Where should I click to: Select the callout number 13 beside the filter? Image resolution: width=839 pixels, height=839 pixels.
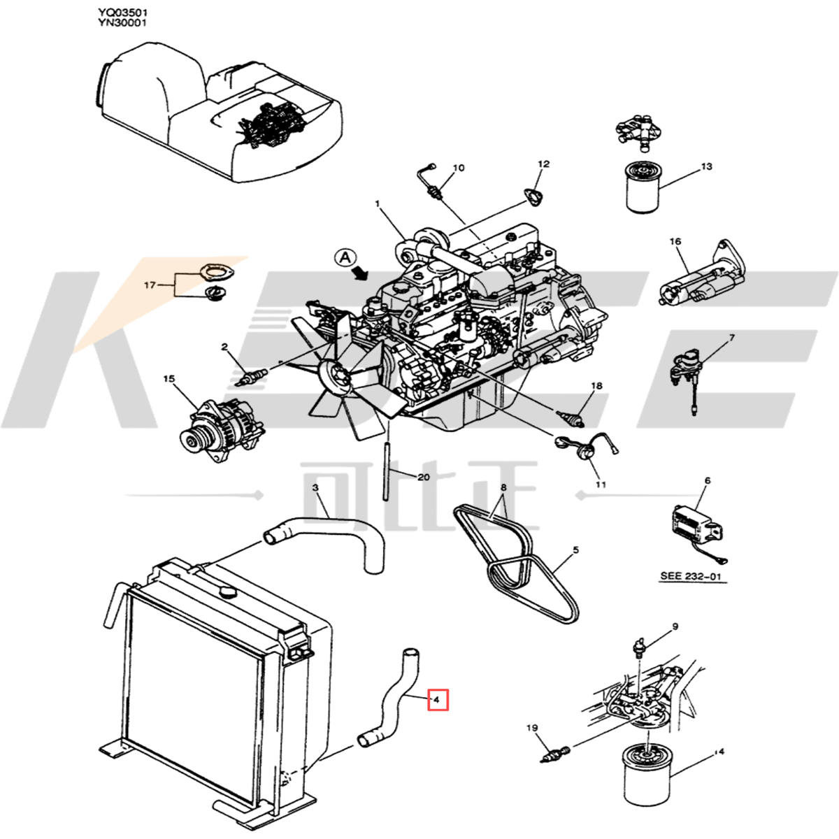click(706, 166)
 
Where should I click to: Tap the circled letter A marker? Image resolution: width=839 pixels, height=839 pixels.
click(345, 257)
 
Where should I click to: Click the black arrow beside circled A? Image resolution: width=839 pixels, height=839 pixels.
click(361, 273)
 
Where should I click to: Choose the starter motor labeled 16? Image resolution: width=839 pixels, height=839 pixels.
click(699, 280)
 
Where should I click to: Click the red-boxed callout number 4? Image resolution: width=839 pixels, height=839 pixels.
click(437, 699)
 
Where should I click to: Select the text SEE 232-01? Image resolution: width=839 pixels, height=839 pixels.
click(691, 577)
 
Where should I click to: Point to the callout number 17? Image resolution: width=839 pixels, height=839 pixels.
click(150, 285)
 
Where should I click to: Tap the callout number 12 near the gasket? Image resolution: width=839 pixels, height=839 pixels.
click(543, 164)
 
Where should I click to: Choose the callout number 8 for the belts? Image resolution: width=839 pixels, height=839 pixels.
click(503, 487)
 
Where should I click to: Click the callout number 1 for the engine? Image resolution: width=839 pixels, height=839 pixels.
click(377, 204)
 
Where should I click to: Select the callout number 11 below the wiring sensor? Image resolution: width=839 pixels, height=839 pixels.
click(601, 484)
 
